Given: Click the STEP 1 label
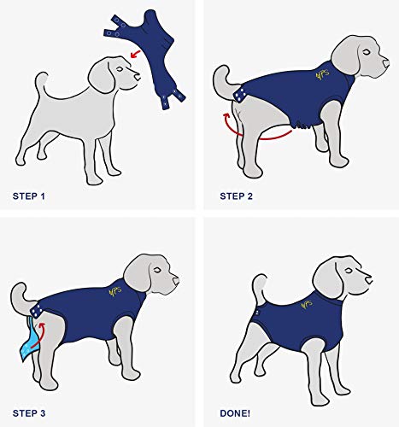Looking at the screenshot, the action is (29, 196).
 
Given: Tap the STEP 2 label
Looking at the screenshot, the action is (236, 196).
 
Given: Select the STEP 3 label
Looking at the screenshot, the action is (29, 413).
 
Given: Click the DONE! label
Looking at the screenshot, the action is (235, 413).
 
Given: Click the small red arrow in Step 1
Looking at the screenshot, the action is (136, 54).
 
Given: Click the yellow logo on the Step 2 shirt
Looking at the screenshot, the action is (323, 74).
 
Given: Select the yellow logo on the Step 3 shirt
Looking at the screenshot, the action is (115, 291).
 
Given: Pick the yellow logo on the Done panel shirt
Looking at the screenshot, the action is (307, 305).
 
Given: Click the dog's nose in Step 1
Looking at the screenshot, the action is (138, 77).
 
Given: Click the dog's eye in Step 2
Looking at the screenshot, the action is (367, 52).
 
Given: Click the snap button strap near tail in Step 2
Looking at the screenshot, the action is (240, 95).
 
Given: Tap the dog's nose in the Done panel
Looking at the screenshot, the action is (369, 280).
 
